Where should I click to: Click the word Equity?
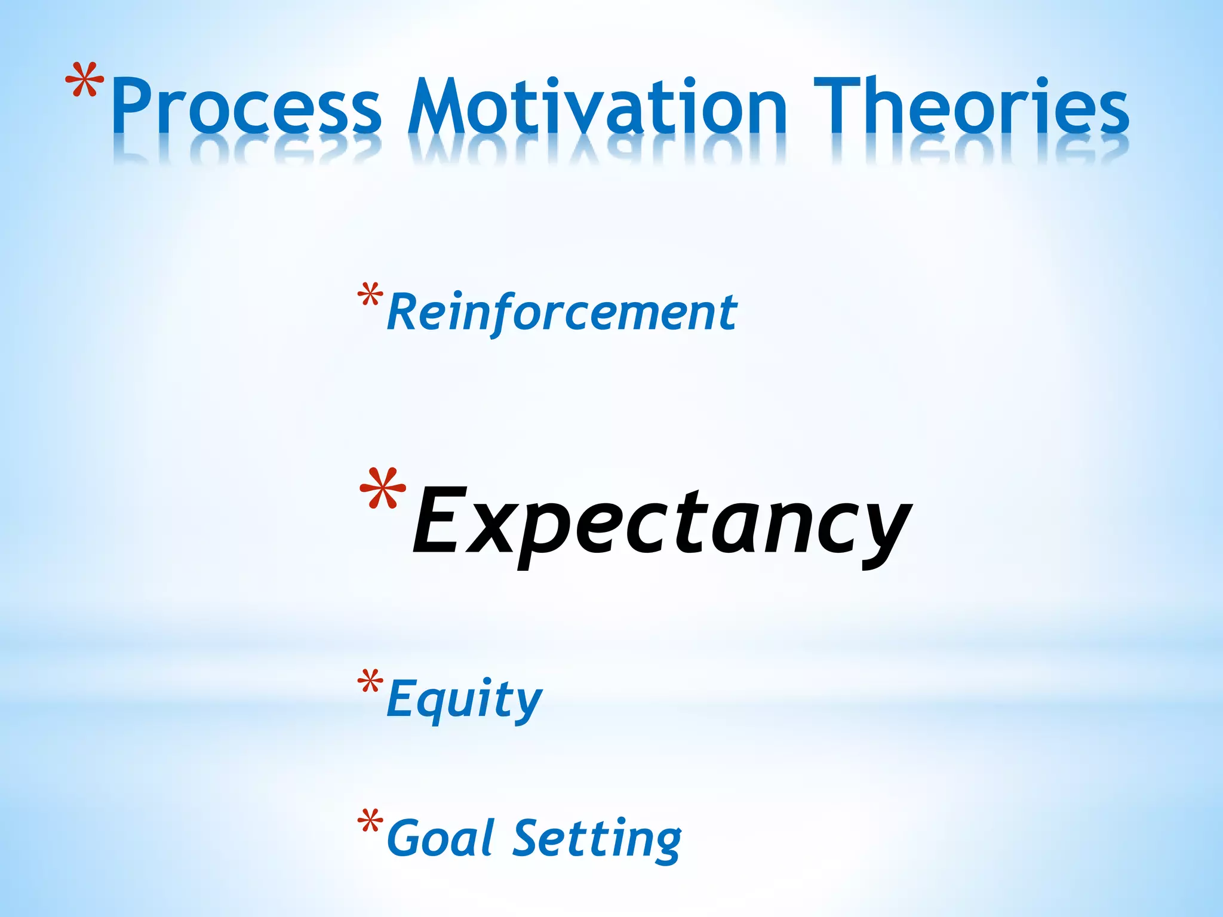464,698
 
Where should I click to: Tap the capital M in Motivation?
439,106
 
